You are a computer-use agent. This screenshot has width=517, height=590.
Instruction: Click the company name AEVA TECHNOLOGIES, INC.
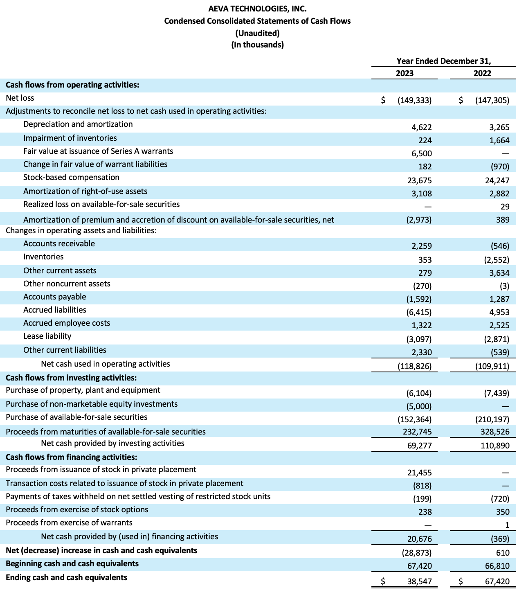[x=257, y=9]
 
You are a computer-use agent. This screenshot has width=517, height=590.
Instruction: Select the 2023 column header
[x=405, y=73]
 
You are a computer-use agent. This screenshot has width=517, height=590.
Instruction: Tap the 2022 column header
[x=482, y=73]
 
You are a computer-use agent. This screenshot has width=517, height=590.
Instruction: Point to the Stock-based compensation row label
[x=71, y=178]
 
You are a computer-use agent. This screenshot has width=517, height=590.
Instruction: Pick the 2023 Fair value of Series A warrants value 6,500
[x=421, y=153]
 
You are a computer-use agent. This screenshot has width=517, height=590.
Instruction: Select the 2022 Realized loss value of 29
[x=505, y=207]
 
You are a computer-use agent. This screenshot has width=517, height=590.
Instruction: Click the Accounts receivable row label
[x=59, y=244]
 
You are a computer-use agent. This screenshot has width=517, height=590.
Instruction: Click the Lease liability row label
[x=47, y=336]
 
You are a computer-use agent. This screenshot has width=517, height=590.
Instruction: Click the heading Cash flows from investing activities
[x=71, y=378]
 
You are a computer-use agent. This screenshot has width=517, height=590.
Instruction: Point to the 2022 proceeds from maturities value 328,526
[x=495, y=432]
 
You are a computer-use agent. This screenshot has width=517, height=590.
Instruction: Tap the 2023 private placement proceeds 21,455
[x=419, y=473]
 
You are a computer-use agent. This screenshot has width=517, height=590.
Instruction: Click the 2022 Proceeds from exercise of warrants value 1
[x=507, y=525]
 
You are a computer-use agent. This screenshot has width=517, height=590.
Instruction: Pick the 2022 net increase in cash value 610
[x=503, y=553]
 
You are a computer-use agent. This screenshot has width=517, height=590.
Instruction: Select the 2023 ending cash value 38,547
[x=419, y=581]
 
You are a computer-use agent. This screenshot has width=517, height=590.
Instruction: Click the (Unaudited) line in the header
[x=257, y=33]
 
